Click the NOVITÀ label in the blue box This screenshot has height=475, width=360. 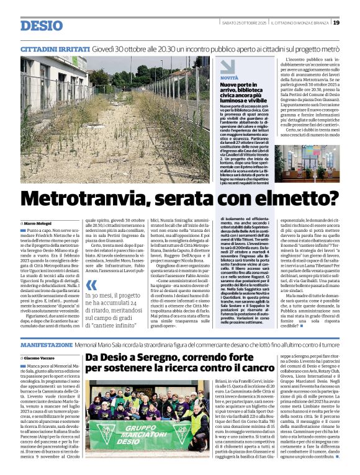tap(229, 78)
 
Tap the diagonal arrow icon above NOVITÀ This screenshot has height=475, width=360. tap(228, 66)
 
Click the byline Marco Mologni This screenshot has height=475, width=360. tap(39, 222)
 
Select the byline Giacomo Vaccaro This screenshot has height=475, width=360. tap(41, 358)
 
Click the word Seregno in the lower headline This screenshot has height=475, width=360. tap(160, 358)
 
